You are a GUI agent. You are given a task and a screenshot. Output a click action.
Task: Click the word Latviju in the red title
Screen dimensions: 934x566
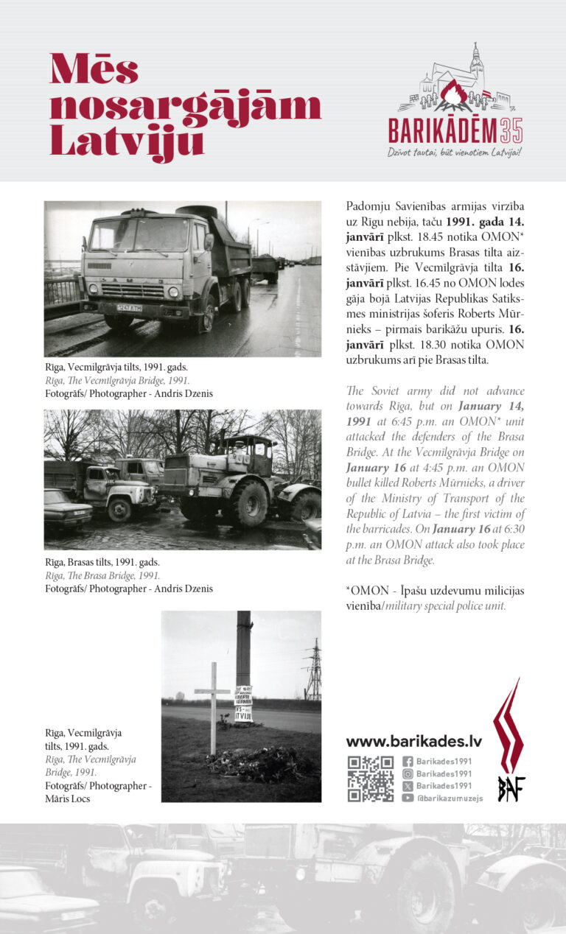127,140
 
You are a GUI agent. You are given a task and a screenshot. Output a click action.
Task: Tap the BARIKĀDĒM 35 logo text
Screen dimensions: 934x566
455,130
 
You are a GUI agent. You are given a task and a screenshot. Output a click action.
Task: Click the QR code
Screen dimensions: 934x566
370,779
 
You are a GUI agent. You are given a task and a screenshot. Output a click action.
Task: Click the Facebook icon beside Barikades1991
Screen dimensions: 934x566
408,762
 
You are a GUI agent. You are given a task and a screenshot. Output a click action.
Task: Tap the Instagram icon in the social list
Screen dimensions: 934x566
408,773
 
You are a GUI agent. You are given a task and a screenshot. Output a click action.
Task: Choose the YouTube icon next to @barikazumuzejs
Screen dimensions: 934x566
408,797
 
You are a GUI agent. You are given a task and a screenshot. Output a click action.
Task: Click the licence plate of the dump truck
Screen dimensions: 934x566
129,308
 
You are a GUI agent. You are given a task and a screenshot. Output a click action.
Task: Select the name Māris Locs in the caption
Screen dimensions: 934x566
68,798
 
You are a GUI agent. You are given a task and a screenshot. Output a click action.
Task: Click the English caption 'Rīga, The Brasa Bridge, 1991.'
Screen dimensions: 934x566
102,575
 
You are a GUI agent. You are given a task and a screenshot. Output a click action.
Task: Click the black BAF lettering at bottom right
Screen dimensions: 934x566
511,788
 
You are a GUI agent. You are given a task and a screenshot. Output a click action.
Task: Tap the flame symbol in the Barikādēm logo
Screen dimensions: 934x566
455,95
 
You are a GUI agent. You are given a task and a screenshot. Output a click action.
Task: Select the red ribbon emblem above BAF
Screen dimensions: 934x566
509,726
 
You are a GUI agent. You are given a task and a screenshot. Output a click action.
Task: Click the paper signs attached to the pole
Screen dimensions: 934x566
243,704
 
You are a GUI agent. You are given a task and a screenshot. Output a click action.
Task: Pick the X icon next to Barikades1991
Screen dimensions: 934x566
408,785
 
